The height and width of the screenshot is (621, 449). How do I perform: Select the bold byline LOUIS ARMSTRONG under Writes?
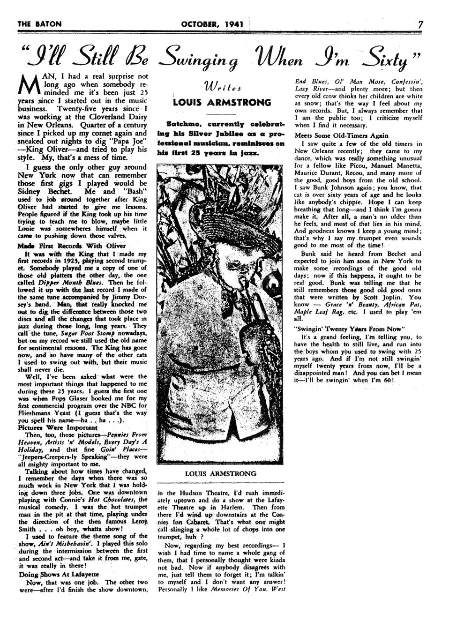[x=222, y=102]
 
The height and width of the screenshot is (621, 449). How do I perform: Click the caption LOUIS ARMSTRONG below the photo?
[x=220, y=474]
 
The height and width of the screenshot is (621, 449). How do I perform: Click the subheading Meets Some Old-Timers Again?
[x=336, y=135]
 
